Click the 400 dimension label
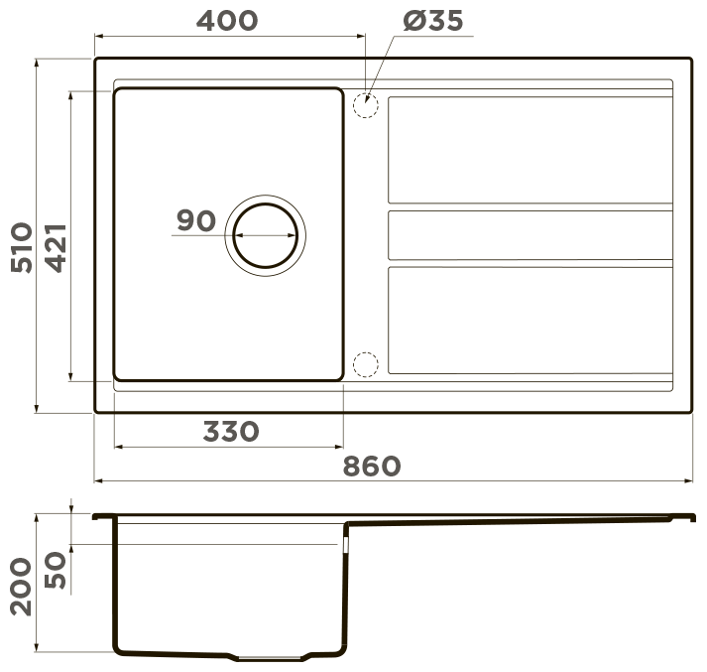[x=227, y=21]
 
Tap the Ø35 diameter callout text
[x=433, y=21]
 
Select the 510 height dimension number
[x=22, y=247]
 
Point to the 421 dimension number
[x=57, y=248]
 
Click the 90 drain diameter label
[x=196, y=220]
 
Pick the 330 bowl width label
[x=231, y=432]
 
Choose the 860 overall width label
[x=372, y=467]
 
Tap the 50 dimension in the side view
[x=56, y=570]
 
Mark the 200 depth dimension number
[x=21, y=587]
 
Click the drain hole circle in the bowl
[x=266, y=204]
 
